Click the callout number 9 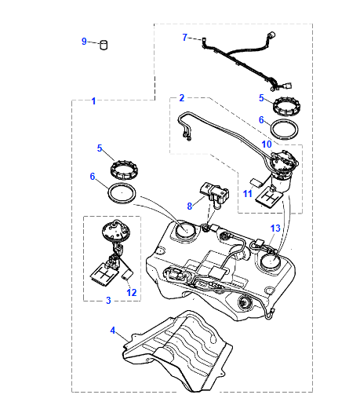84,41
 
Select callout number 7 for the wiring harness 185,37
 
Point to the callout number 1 94,101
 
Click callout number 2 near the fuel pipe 181,98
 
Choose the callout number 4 113,331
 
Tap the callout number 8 189,206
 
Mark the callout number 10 266,144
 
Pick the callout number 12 132,292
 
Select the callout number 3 108,300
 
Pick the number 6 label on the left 92,177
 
